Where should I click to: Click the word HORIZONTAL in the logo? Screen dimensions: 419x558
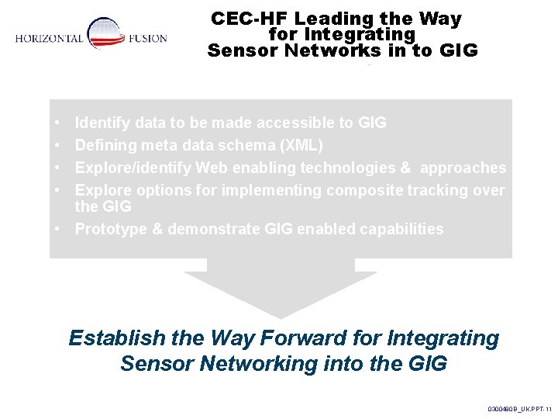[x=49, y=39]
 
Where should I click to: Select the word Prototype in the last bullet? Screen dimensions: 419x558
[x=108, y=230]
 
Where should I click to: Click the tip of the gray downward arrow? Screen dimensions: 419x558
[x=281, y=314]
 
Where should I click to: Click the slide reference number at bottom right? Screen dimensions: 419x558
[x=519, y=407]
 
